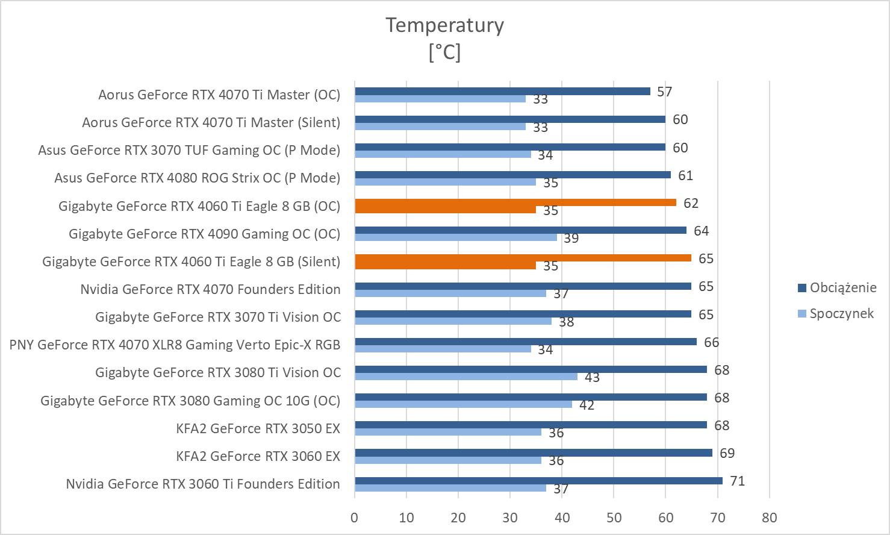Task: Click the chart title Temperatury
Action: (444, 25)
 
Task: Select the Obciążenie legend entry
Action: (842, 287)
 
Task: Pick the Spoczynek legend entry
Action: (841, 313)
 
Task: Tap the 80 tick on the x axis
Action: (769, 518)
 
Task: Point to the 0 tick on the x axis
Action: (355, 518)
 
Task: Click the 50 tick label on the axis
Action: (614, 518)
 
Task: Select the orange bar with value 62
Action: (515, 202)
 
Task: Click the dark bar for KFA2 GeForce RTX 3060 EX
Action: (533, 452)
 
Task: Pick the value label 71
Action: (737, 481)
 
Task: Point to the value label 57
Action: (664, 92)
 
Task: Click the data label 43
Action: (592, 378)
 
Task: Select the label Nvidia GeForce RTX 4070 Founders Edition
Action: (210, 289)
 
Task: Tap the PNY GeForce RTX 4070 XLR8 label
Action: (175, 345)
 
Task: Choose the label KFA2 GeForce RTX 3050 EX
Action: (258, 428)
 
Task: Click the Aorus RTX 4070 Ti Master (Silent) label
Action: (211, 122)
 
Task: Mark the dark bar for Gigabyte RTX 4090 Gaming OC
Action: (520, 230)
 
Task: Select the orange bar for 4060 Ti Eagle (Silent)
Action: (523, 258)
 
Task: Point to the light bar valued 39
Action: (455, 237)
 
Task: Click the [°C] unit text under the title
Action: (444, 52)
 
